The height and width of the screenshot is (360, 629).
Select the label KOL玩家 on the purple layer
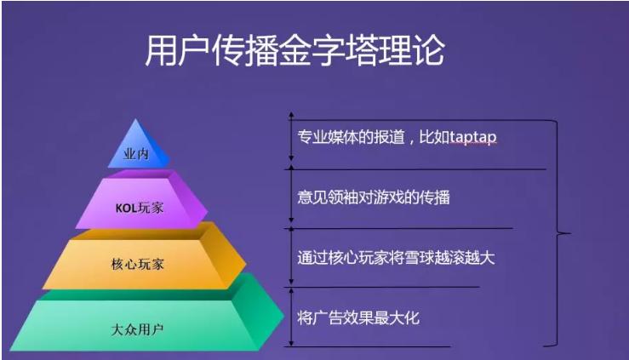[x=140, y=207]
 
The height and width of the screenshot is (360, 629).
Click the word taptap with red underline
[x=467, y=137]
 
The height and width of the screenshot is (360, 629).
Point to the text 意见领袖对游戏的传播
[x=373, y=197]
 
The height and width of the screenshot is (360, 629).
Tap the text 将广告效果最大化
[x=358, y=318]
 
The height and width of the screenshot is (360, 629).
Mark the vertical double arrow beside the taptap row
[x=291, y=136]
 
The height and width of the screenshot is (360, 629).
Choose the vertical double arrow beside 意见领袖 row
[x=291, y=197]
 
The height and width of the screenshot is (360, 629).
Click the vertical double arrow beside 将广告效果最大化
[x=291, y=317]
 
